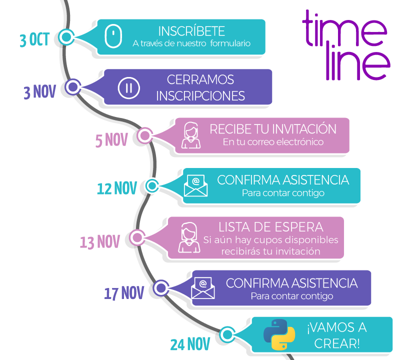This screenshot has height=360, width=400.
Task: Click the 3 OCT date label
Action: tap(34, 39)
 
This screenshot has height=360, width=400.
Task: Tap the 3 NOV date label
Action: tap(40, 92)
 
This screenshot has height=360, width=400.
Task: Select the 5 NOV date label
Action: tap(111, 140)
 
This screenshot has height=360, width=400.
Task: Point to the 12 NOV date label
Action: tap(116, 188)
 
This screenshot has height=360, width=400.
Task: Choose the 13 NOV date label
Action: tap(100, 242)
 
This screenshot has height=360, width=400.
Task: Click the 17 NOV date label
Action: tap(124, 293)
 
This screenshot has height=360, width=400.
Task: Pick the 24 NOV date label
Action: tap(190, 344)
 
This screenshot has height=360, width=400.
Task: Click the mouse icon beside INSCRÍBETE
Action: tap(114, 36)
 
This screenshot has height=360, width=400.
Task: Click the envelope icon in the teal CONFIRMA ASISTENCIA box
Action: tap(196, 185)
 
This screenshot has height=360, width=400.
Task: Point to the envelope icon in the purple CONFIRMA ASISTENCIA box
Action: tap(203, 288)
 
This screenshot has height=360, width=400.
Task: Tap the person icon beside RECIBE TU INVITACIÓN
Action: tap(191, 135)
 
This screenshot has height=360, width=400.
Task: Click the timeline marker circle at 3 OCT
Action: tap(66, 36)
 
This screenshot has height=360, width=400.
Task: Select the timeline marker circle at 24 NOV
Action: tap(227, 334)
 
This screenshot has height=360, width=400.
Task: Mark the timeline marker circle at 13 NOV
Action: tap(136, 237)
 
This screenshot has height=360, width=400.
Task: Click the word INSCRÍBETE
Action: tap(191, 30)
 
